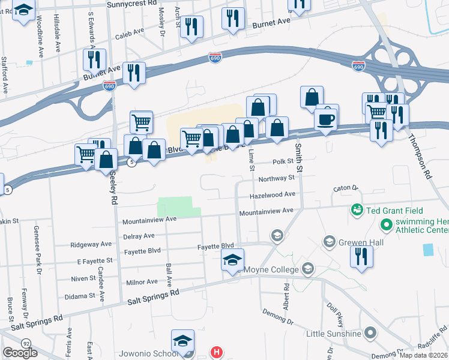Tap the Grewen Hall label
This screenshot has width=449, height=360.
pyautogui.click(x=357, y=243)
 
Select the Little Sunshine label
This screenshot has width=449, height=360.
pyautogui.click(x=334, y=334)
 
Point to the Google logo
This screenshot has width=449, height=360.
pyautogui.click(x=20, y=353)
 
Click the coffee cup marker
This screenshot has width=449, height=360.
pyautogui.click(x=325, y=119)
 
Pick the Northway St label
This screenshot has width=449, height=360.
pyautogui.click(x=276, y=178)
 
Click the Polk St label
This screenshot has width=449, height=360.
pyautogui.click(x=283, y=161)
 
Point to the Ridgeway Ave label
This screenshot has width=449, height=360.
pyautogui.click(x=91, y=245)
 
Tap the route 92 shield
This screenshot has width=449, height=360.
pyautogui.click(x=26, y=343)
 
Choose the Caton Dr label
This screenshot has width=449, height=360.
pyautogui.click(x=345, y=188)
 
